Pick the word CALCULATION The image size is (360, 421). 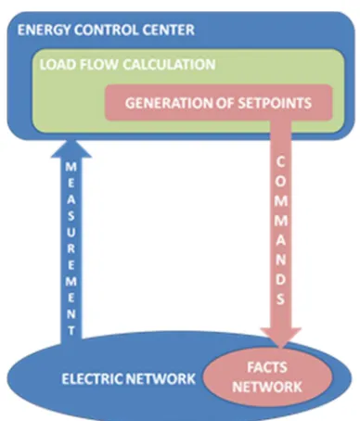169,65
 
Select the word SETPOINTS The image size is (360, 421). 275,103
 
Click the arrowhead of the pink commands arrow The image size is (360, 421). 281,338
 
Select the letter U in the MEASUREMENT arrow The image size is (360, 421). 71,232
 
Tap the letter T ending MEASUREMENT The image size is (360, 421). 71,331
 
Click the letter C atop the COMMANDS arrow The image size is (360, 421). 280,162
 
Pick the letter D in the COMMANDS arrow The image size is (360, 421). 280,279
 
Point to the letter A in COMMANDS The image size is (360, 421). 280,240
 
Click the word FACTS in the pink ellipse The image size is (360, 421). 267,367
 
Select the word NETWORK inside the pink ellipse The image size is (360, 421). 267,387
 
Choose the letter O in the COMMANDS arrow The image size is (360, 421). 280,182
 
